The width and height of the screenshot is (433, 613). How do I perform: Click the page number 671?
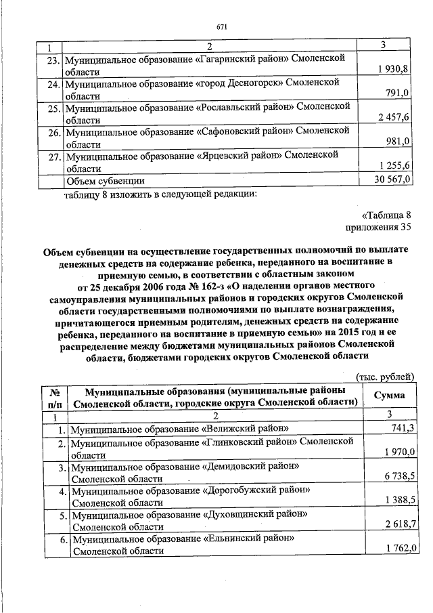221,26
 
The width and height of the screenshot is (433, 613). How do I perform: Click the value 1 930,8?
392,70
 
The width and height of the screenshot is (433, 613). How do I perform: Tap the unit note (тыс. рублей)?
384,377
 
